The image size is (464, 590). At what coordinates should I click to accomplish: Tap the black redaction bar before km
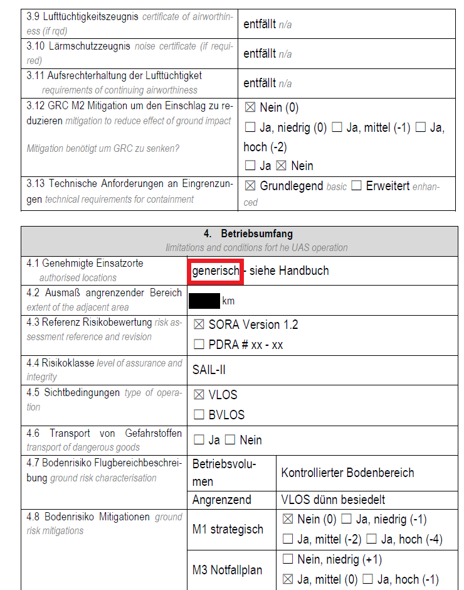[x=204, y=301]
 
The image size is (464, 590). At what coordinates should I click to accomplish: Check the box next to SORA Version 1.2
[x=199, y=324]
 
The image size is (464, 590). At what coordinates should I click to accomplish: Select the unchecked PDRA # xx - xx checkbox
[x=199, y=345]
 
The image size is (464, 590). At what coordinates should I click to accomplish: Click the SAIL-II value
[x=208, y=370]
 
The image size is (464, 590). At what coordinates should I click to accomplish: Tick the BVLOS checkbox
[x=199, y=415]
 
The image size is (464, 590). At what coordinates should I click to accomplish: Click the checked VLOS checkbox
[x=199, y=395]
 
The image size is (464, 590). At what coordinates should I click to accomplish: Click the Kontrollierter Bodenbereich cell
[x=347, y=473]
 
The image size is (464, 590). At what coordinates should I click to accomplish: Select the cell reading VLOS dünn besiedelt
[x=333, y=500]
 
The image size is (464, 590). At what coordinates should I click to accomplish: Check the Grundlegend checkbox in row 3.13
[x=250, y=186]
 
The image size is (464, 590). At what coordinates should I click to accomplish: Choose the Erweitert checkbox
[x=356, y=186]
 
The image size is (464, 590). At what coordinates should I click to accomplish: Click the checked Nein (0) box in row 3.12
[x=250, y=108]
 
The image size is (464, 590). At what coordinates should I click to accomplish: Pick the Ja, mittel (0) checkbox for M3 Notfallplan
[x=288, y=579]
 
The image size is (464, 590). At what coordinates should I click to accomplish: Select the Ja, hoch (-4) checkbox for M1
[x=371, y=539]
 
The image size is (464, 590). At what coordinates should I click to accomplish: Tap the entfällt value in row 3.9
[x=260, y=24]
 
